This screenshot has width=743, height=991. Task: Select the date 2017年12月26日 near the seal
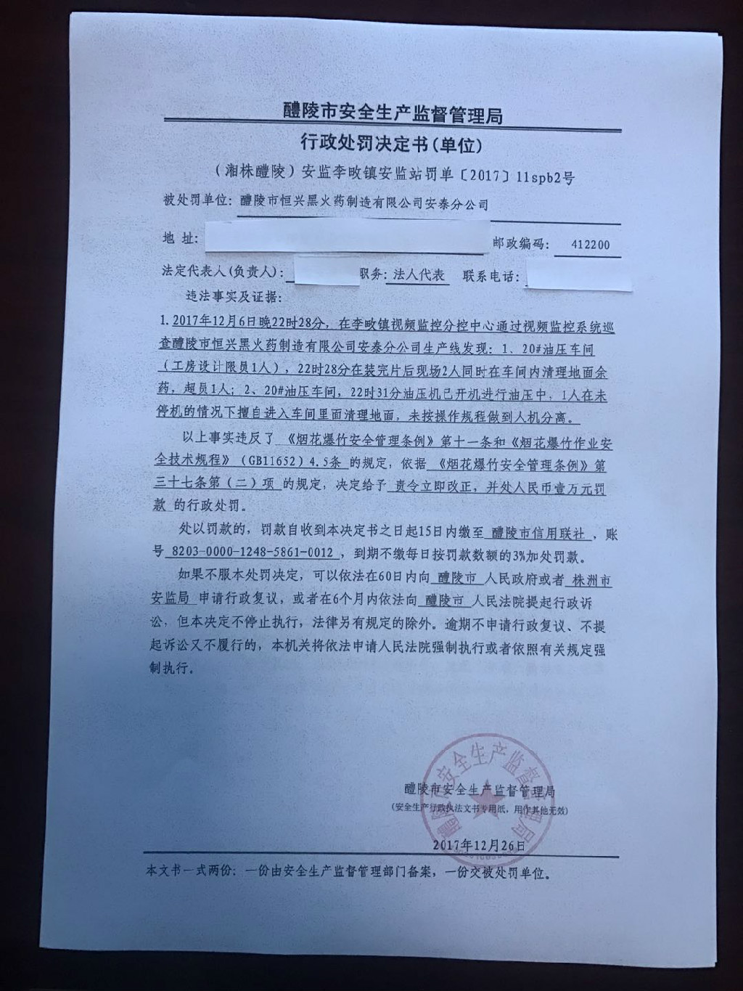click(x=477, y=845)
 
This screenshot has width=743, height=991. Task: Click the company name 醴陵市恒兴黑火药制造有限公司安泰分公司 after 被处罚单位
click(x=364, y=204)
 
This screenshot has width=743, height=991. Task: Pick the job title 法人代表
click(x=419, y=276)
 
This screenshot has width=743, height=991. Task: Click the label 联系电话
click(x=492, y=277)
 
